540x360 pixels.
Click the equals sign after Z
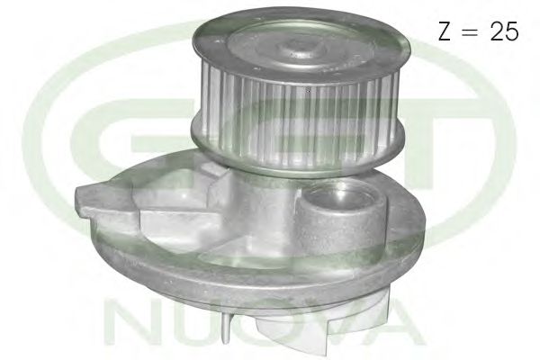click(x=472, y=32)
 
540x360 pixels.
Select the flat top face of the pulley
click(x=270, y=45)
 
